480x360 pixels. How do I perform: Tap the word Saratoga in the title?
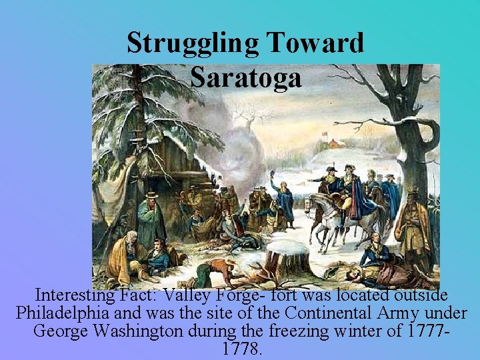245,77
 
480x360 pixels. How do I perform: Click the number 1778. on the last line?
240,349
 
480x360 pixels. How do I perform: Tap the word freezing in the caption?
309,331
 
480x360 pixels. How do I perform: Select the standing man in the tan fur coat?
413,227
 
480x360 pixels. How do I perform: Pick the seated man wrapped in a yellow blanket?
125,257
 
